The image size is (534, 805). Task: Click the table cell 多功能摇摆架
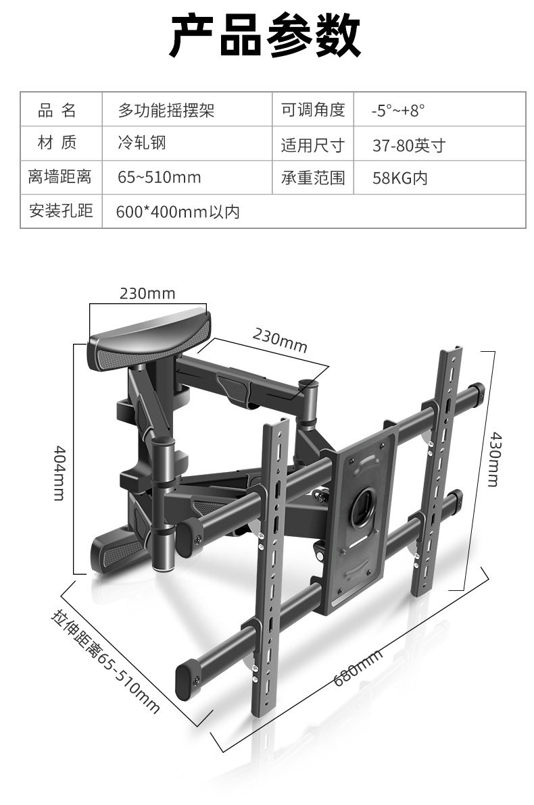(166, 110)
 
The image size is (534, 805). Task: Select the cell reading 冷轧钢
(141, 143)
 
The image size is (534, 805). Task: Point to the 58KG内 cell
(399, 178)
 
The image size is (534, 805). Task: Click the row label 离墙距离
(60, 178)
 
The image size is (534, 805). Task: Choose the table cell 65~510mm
(159, 178)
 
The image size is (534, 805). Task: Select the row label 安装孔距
(60, 211)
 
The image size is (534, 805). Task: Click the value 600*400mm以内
(178, 212)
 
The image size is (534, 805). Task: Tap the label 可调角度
(313, 110)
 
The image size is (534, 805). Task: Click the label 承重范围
(313, 178)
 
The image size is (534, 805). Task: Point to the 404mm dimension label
(59, 472)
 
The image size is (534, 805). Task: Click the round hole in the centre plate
(363, 503)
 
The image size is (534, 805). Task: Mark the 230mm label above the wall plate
(147, 293)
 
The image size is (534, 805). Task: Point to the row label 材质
(60, 143)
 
